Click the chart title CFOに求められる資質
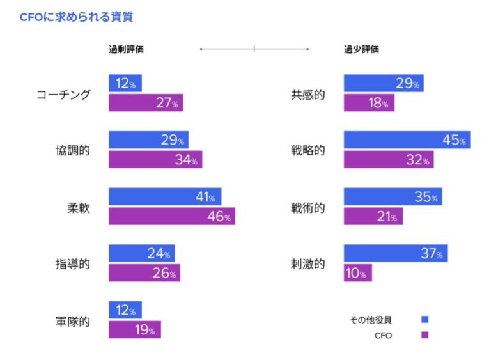coord(76,17)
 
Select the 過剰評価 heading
coord(126,49)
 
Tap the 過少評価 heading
coord(361,49)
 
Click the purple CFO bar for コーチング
coord(146,103)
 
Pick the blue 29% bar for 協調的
coord(148,140)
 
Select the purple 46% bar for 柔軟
coord(171,216)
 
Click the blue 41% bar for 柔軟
coord(165,198)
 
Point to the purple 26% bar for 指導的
coord(144,273)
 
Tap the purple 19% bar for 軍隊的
coord(134,330)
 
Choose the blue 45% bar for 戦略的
coord(407,140)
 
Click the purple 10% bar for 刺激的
coord(357,273)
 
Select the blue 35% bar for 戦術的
coord(393,197)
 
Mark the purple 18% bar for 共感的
coord(369,103)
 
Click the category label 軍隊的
coord(73,321)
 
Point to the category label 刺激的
coord(308,264)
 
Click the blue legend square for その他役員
coord(425,319)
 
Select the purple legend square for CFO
coord(425,335)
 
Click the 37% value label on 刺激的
coord(431,254)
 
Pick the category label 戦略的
coord(308,150)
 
